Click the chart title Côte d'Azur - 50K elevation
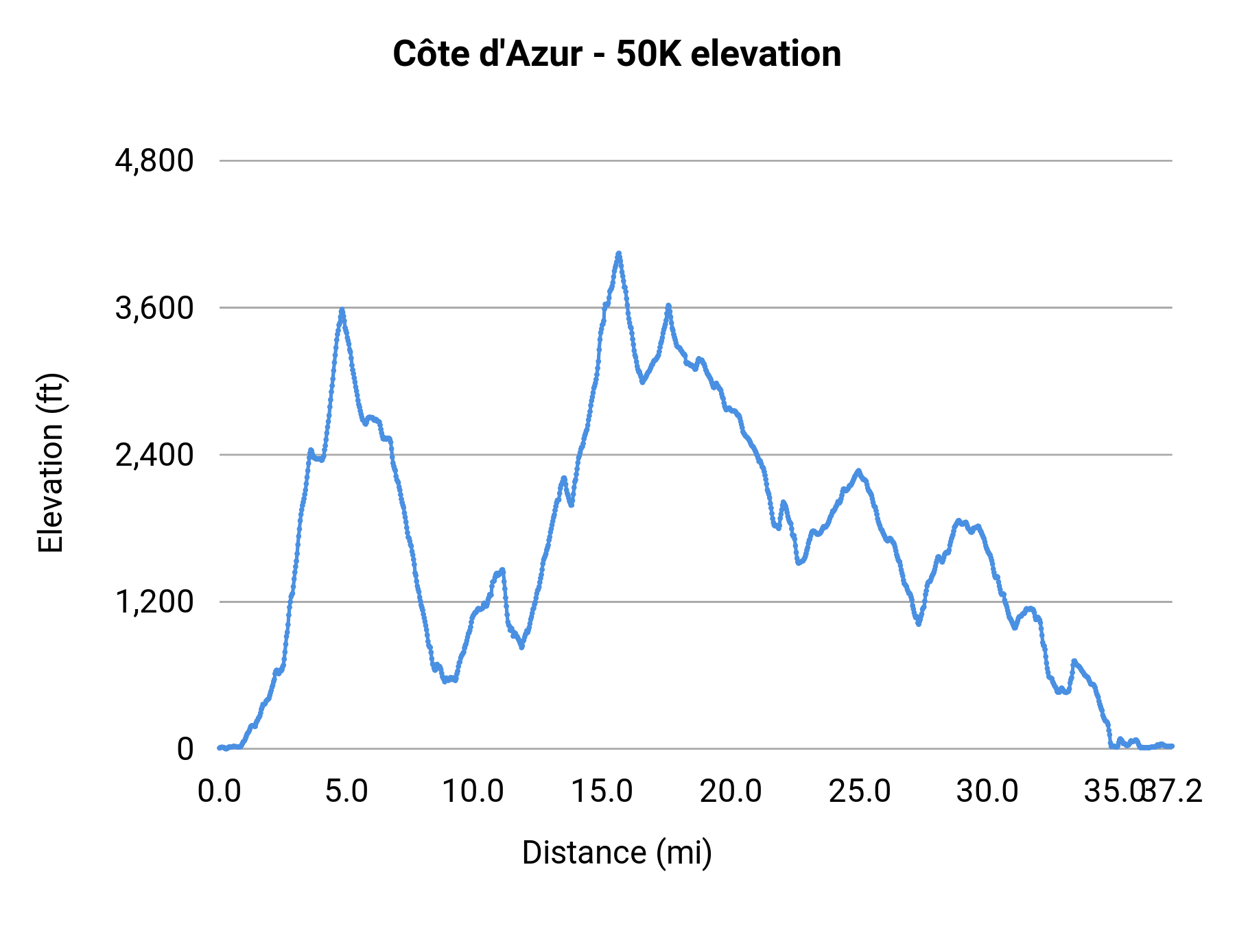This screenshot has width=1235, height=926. click(617, 54)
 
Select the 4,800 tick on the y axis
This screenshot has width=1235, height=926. click(154, 161)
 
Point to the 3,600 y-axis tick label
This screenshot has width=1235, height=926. click(154, 308)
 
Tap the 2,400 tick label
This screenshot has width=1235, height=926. click(154, 455)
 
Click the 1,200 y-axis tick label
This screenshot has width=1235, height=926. click(154, 602)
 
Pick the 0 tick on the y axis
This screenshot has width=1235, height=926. click(185, 749)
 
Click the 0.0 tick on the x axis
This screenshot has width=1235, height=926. click(220, 792)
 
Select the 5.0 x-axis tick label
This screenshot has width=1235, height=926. click(346, 792)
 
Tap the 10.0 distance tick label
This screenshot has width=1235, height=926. click(473, 792)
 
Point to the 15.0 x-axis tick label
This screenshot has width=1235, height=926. click(602, 792)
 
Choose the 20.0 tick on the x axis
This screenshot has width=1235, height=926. click(730, 792)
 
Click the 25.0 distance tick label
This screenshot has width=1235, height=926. click(859, 792)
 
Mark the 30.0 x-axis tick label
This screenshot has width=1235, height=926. click(987, 792)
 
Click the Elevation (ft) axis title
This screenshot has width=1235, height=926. click(51, 463)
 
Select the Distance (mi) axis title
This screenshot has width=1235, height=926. click(617, 853)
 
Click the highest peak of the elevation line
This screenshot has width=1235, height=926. click(619, 254)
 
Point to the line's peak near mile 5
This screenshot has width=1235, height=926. click(342, 311)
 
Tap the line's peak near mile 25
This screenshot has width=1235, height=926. click(858, 471)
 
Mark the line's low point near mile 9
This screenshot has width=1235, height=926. click(446, 680)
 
